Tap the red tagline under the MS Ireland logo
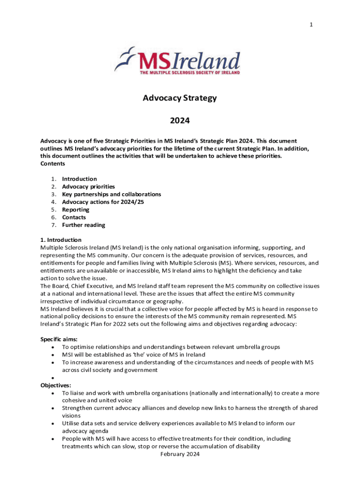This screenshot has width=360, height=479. pyautogui.click(x=190, y=73)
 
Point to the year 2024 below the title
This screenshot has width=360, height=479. pyautogui.click(x=180, y=121)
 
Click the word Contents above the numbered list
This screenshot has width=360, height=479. pyautogui.click(x=52, y=164)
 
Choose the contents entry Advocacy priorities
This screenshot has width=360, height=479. pyautogui.click(x=88, y=187)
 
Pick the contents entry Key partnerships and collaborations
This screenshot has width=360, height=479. pyautogui.click(x=111, y=194)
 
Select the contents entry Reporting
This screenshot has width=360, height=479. pyautogui.click(x=76, y=210)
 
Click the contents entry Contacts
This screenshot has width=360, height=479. pyautogui.click(x=74, y=218)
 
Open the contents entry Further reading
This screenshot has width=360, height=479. pyautogui.click(x=84, y=225)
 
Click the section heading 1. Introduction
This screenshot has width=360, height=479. pyautogui.click(x=61, y=240)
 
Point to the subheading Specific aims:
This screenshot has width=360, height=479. pyautogui.click(x=59, y=339)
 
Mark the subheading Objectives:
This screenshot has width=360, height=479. pyautogui.click(x=56, y=385)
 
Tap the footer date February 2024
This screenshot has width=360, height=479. pyautogui.click(x=180, y=454)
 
